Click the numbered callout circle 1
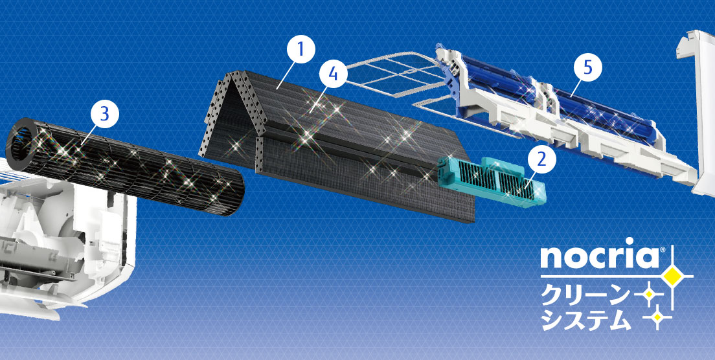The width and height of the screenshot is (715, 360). pyautogui.click(x=300, y=50)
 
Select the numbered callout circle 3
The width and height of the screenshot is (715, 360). pyautogui.click(x=104, y=114)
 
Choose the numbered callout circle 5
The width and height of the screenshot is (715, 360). pyautogui.click(x=587, y=67)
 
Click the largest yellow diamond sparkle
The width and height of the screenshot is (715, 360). pyautogui.click(x=673, y=276)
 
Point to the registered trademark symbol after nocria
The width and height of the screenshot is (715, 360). pyautogui.click(x=663, y=250)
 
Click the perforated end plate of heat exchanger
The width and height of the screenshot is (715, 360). pyautogui.click(x=233, y=118)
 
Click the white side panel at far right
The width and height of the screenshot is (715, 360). pyautogui.click(x=696, y=109)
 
